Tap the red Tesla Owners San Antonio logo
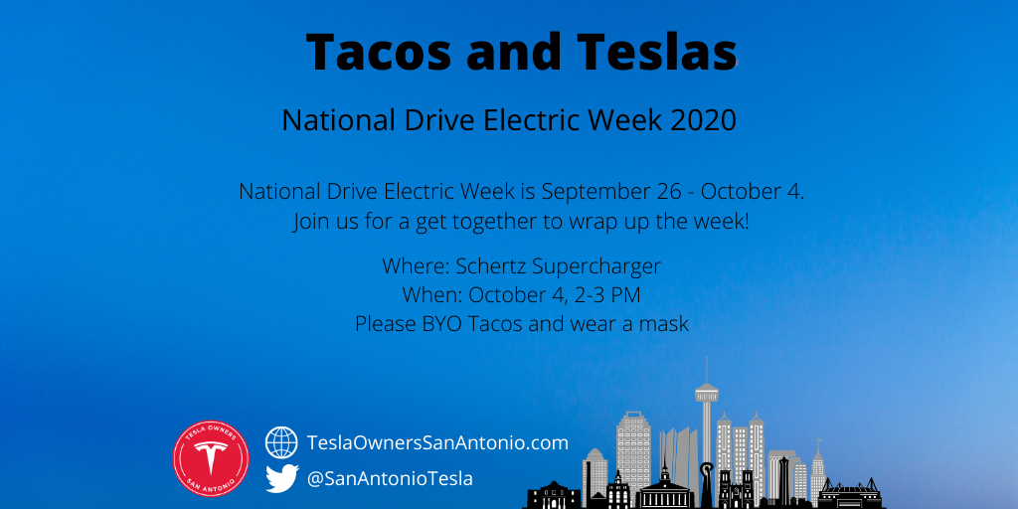click(x=211, y=458)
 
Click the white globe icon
click(x=281, y=442)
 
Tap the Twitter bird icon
click(x=281, y=478)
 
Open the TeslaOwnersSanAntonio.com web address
click(x=437, y=443)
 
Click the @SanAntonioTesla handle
click(x=390, y=479)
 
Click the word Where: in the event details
click(x=417, y=266)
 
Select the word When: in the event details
click(x=432, y=294)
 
